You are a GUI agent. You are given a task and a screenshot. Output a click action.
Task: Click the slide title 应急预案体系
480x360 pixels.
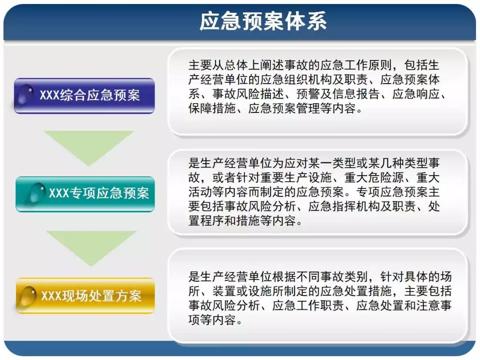pyautogui.click(x=263, y=21)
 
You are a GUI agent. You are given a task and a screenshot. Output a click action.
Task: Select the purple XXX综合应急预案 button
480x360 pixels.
pyautogui.click(x=84, y=96)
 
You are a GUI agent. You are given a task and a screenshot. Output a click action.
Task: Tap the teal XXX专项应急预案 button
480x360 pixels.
pyautogui.click(x=85, y=194)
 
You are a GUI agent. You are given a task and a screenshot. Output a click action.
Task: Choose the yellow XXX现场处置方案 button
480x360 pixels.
pyautogui.click(x=85, y=296)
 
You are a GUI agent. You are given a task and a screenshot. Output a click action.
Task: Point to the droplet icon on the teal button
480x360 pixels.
pyautogui.click(x=37, y=192)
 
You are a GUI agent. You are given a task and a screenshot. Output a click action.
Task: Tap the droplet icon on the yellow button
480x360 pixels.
pyautogui.click(x=28, y=295)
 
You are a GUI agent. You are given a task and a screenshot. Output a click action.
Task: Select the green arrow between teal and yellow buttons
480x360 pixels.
pyautogui.click(x=91, y=248)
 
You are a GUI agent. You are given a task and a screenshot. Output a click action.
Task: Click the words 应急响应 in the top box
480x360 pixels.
pyautogui.click(x=416, y=94)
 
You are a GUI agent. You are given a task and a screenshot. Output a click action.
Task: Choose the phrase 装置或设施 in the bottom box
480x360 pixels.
pyautogui.click(x=242, y=291)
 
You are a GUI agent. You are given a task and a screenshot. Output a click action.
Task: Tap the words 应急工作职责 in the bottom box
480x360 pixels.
pyautogui.click(x=308, y=305)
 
